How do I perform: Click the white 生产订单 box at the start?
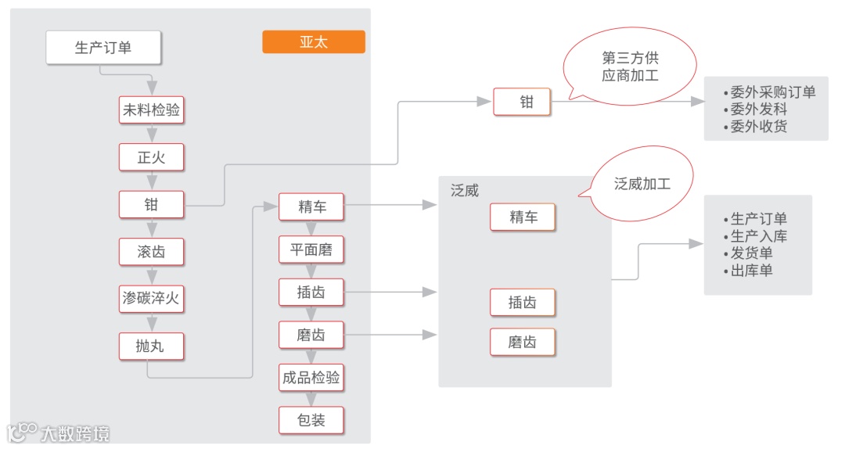[104, 48]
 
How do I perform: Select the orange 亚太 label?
[313, 42]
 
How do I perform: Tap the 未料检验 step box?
[151, 110]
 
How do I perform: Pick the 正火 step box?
[151, 157]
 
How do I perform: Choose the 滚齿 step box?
[151, 252]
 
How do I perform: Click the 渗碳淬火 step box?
[151, 299]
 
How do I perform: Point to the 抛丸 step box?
[151, 346]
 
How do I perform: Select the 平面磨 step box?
[311, 250]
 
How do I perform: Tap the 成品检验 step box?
[311, 378]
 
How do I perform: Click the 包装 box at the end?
[311, 420]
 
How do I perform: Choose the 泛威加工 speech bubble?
[642, 185]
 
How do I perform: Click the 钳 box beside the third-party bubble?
[522, 102]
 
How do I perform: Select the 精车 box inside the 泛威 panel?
[523, 217]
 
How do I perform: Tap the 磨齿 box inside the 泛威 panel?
[523, 343]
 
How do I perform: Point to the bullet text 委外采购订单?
[770, 92]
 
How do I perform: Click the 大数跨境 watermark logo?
[59, 433]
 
